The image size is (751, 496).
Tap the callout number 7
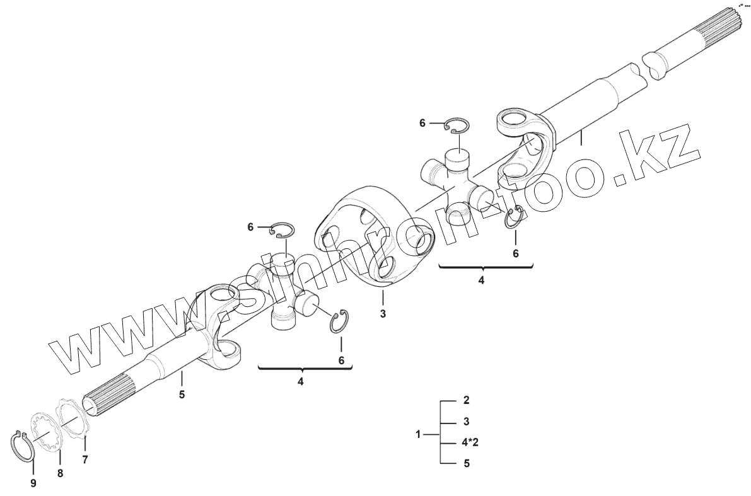click(x=85, y=460)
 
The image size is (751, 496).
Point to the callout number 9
click(x=33, y=483)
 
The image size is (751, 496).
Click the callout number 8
click(x=61, y=473)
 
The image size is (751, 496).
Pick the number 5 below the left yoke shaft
click(x=182, y=396)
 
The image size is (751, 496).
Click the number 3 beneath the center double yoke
click(x=383, y=313)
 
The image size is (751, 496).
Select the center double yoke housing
click(x=372, y=236)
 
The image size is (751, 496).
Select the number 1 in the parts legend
click(x=418, y=434)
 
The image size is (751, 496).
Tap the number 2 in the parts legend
click(x=466, y=400)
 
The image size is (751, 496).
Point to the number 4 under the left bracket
click(x=301, y=382)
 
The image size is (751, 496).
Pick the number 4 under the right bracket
click(x=481, y=281)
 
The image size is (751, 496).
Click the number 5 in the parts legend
click(x=466, y=464)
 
